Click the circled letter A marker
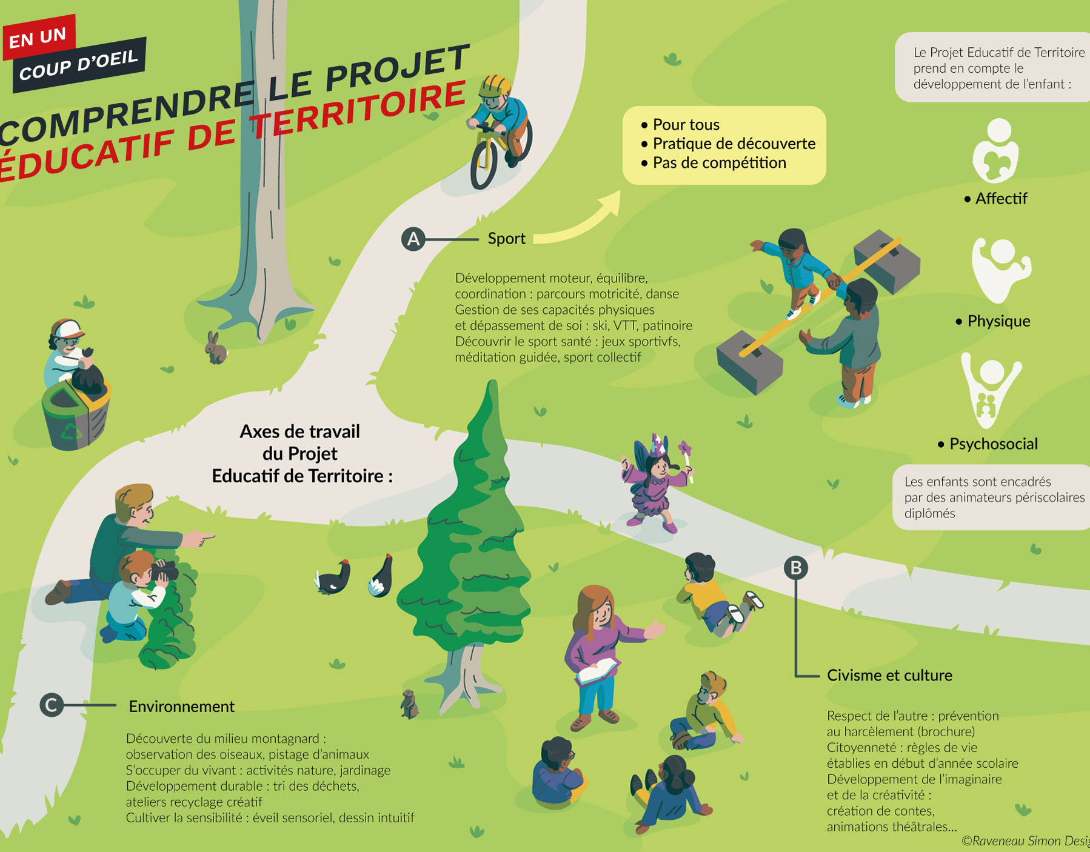point(413,239)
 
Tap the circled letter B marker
point(796,568)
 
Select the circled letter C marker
point(52,705)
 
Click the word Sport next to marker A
point(506,239)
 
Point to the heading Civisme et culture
point(889,675)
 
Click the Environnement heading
point(181,707)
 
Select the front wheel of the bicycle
point(484,165)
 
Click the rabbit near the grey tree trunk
point(215,348)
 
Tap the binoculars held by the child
point(164,570)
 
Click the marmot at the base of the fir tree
point(410,704)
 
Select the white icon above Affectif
point(995,151)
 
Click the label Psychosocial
point(993,444)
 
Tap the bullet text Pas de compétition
point(719,163)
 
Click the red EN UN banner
point(38,38)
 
